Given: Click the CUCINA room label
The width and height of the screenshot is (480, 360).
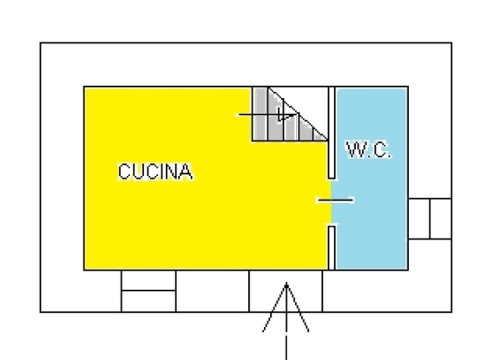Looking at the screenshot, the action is (155, 172).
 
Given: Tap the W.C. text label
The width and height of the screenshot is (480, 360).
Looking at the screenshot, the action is (369, 149).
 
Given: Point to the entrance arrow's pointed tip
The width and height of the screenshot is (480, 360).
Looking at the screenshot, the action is (286, 283).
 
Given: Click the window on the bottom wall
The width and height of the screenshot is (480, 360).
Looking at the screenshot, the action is (148, 291).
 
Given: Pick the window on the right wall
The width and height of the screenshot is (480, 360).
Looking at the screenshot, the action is (431, 219).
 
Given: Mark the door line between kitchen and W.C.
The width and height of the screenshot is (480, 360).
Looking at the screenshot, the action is (336, 200).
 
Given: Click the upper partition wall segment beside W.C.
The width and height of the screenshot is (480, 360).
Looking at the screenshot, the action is (332, 133).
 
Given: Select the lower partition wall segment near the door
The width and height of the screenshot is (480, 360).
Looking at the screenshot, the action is (332, 248).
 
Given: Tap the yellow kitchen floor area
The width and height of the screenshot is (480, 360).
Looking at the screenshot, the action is (184, 214).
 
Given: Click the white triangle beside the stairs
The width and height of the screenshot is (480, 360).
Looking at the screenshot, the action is (307, 101).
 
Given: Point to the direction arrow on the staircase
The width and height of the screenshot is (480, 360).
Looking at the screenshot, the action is (268, 115).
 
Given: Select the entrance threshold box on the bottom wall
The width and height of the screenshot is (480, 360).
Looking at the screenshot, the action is (286, 291).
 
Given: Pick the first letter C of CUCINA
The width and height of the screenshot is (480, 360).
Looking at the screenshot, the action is (124, 172).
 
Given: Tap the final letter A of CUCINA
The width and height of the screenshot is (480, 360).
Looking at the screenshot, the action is (186, 172).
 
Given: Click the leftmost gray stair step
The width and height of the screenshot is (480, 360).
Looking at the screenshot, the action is (260, 115).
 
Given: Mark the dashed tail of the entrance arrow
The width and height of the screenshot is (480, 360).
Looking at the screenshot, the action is (286, 332).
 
